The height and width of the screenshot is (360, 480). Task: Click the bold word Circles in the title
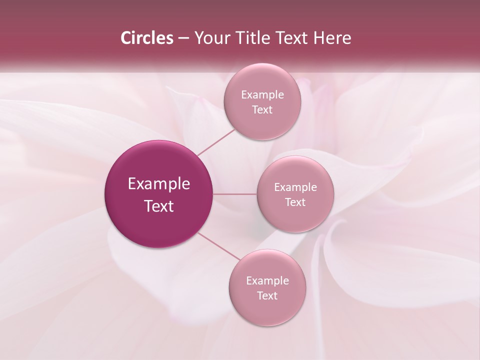(146, 38)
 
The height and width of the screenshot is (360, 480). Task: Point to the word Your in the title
(210, 38)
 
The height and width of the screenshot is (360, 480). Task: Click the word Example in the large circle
(159, 184)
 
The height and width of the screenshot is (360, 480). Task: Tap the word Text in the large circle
(159, 206)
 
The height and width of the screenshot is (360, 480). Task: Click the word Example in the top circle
(262, 95)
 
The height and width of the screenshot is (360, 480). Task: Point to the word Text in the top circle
(262, 110)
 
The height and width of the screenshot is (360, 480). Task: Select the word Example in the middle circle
(295, 187)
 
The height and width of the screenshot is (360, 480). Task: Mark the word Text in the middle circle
(295, 202)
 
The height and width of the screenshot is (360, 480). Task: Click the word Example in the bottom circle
(267, 281)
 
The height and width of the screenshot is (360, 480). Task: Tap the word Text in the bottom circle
(267, 296)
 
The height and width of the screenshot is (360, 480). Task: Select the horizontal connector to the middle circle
(235, 194)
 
